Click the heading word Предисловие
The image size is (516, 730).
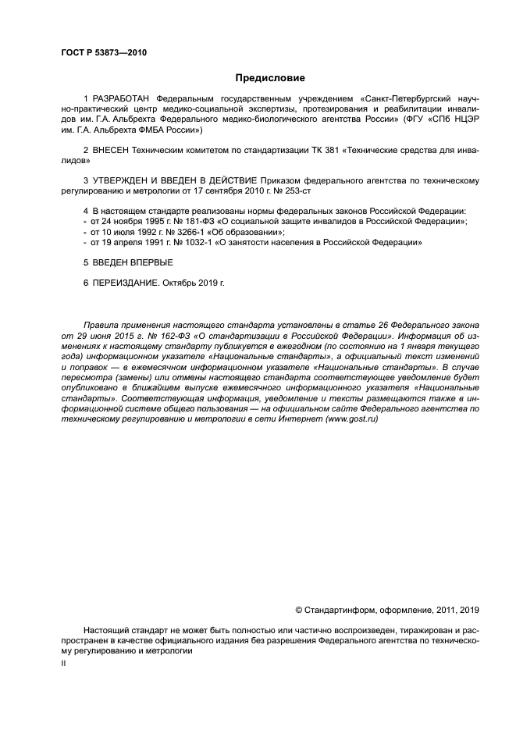coord(270,78)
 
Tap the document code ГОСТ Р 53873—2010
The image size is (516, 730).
coord(104,53)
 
